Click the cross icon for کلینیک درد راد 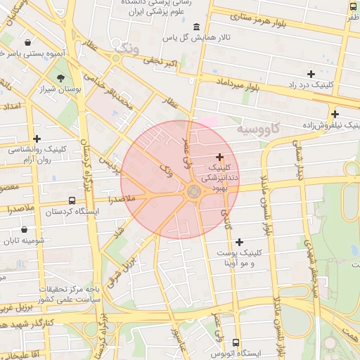tap(311, 74)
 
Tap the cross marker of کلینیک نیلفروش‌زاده tap(335, 114)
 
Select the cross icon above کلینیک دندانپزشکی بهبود tap(220, 157)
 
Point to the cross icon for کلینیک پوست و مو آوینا tap(239, 242)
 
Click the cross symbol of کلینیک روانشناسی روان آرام tap(37, 139)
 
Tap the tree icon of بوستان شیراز tap(60, 79)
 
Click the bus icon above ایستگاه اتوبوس tap(235, 344)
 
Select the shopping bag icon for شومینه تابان tap(25, 229)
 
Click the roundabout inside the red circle tap(193, 191)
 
